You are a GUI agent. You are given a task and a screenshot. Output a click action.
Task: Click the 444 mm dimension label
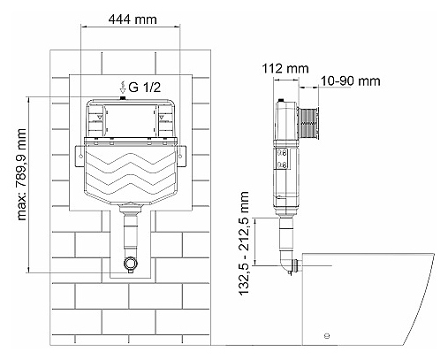[x=133, y=19]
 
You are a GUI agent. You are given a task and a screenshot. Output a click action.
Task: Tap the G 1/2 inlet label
[x=145, y=87]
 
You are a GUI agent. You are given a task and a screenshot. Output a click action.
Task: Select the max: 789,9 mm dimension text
[x=21, y=174]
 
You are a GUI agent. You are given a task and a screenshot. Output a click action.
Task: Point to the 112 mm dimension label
[x=285, y=68]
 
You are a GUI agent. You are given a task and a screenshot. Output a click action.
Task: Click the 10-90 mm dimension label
[x=350, y=80]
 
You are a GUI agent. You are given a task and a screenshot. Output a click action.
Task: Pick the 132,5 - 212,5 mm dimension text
[x=244, y=243]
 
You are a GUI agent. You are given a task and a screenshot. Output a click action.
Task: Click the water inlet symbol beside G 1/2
[x=123, y=88]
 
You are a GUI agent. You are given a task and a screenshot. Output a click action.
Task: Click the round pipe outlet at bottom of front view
[x=131, y=263]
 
